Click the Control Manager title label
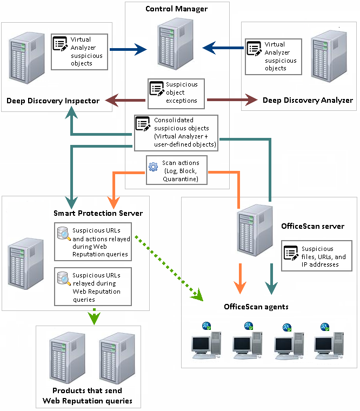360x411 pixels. point(176,9)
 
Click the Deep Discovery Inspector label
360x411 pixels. point(53,101)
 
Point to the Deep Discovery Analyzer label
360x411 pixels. point(308,100)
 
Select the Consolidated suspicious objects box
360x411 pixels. point(176,132)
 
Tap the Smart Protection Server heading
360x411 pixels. point(98,213)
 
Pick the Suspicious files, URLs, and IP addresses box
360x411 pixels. point(316,256)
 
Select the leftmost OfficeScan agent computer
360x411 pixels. point(206,342)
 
